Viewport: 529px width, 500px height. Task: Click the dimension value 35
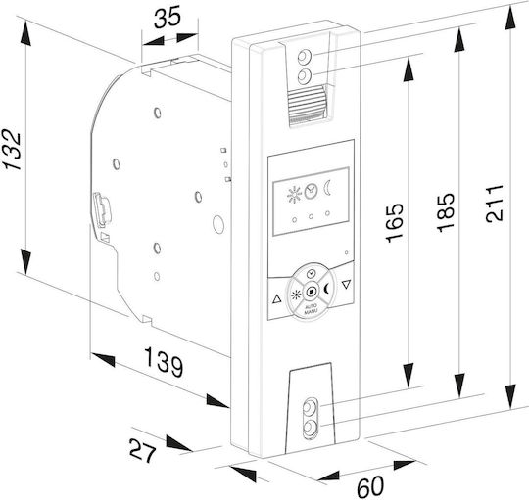click(168, 18)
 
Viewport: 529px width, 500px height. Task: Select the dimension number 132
click(11, 150)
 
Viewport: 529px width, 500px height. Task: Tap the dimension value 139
click(164, 362)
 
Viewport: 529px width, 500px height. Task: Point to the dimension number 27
click(143, 450)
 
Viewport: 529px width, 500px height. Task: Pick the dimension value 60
click(370, 486)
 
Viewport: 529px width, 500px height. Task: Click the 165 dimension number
click(394, 222)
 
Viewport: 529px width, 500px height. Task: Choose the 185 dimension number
click(446, 212)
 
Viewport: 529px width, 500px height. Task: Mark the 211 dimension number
click(495, 204)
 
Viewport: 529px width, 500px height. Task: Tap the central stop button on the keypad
click(312, 292)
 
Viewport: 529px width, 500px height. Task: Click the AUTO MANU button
click(311, 309)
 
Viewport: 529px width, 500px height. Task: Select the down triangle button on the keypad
click(346, 285)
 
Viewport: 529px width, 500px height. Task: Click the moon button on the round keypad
click(326, 289)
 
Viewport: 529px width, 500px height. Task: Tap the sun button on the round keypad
click(296, 295)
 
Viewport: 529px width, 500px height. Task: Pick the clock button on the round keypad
click(312, 273)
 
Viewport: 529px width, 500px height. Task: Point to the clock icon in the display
click(311, 191)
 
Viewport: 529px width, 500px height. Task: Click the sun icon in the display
click(294, 195)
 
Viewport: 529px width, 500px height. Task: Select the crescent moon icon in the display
click(327, 188)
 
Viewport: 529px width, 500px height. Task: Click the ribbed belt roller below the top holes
click(307, 105)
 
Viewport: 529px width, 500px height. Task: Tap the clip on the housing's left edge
click(102, 208)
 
